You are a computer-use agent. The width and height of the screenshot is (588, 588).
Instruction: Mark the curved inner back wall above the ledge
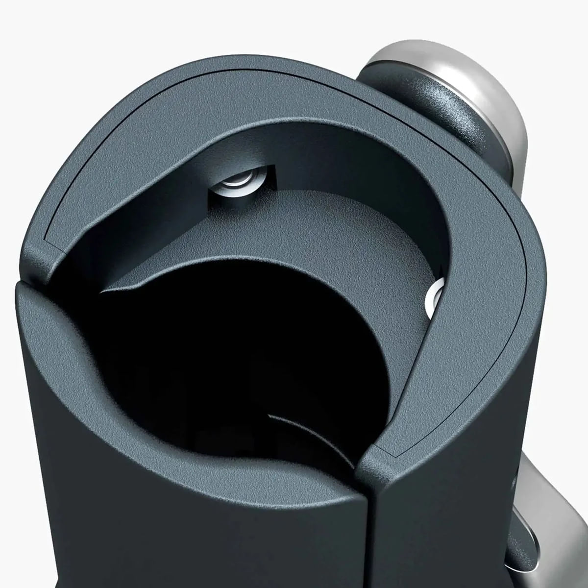click(343, 162)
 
